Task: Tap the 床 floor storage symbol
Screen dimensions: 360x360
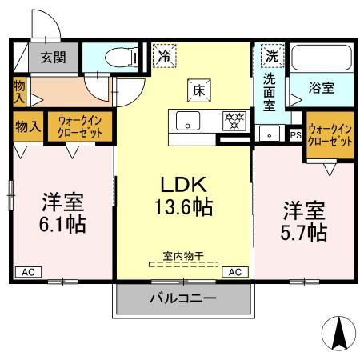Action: (x=198, y=90)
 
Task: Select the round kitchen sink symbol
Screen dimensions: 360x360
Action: (x=188, y=122)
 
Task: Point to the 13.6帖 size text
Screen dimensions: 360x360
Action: (x=183, y=207)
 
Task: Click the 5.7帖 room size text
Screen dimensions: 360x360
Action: (x=303, y=232)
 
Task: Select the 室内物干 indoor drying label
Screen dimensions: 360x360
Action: (x=183, y=256)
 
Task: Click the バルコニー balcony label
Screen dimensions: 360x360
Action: (x=182, y=298)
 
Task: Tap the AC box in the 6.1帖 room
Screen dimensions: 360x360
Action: (x=27, y=272)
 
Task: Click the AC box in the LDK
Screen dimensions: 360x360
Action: (x=235, y=272)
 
